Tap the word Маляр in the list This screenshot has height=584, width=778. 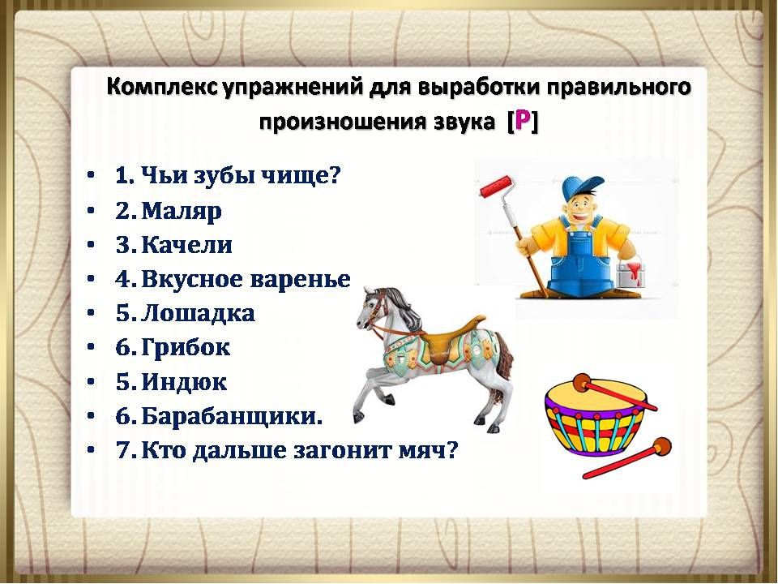182,211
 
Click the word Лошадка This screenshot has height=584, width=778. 198,313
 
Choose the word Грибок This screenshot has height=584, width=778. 186,347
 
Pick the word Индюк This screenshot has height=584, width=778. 184,382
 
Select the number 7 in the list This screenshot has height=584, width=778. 122,450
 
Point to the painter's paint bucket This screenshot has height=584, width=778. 631,273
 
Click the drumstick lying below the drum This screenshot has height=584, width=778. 626,457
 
